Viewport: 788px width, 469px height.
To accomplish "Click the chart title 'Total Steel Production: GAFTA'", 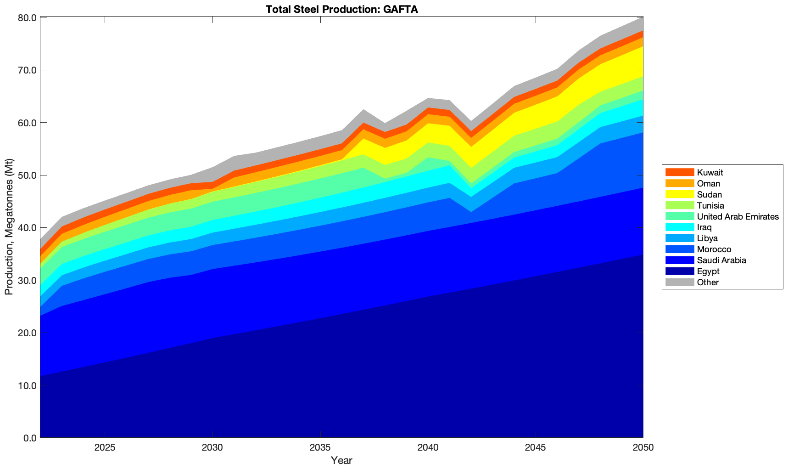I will point(341,9).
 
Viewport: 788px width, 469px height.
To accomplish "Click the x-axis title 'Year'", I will point(341,460).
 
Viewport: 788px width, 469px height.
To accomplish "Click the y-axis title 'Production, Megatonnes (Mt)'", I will point(9,227).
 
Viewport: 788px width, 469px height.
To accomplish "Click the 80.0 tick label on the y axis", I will point(27,18).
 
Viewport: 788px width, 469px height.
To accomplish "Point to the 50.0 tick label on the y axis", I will point(27,175).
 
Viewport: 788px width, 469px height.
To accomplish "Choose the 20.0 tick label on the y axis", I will point(27,333).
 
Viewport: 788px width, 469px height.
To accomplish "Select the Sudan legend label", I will point(709,195).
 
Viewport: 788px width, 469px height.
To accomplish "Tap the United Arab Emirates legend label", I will point(738,216).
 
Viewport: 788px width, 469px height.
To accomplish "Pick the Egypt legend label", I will point(708,271).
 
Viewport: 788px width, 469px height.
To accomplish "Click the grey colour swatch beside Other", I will point(680,283).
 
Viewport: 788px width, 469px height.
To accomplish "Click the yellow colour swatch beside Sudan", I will point(680,195).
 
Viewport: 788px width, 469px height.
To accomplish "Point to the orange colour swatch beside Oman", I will point(680,184).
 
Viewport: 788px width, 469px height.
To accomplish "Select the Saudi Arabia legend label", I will point(721,260).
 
